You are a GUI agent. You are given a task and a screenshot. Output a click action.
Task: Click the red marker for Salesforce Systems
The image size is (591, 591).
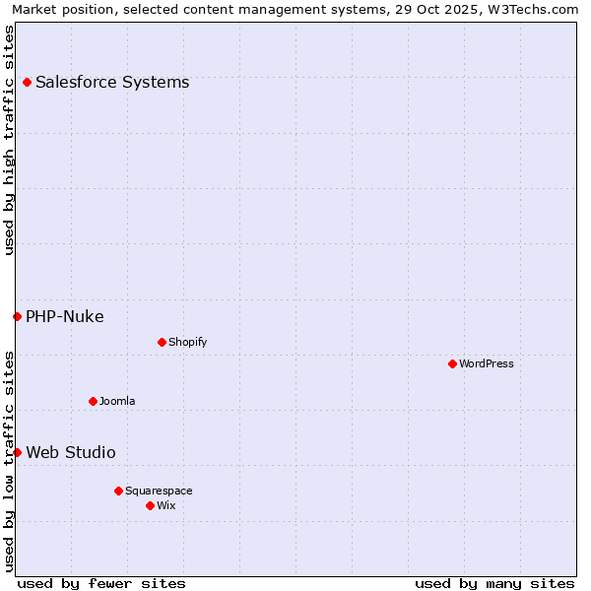coord(27,82)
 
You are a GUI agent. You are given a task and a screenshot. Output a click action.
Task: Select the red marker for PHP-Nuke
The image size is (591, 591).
coord(17,316)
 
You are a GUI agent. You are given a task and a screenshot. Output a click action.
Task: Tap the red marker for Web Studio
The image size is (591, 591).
coord(17,452)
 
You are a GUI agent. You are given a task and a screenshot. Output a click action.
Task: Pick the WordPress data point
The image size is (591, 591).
coord(452,363)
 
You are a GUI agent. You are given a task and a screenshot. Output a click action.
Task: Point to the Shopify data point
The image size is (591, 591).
coord(162,342)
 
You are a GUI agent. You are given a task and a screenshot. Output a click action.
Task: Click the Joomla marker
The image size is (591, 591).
coord(93,401)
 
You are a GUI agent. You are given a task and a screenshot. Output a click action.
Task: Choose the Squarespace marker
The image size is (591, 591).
coord(118,491)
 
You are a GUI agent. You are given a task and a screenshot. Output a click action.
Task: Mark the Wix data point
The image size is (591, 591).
coord(150,505)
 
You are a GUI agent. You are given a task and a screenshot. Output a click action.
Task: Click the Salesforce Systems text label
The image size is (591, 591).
coord(112,83)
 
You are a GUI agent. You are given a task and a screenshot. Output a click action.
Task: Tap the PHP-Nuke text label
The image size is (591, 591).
coord(65,317)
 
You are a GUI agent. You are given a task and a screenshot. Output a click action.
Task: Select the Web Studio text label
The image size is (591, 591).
coord(71,453)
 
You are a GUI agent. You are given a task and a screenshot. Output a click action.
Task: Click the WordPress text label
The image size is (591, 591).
coord(487,364)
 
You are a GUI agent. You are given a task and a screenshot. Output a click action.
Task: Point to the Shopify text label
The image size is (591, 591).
coord(188,343)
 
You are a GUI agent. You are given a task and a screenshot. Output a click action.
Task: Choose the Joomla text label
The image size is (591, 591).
coord(117,402)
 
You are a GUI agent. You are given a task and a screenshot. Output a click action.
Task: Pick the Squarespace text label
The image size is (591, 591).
coord(159,492)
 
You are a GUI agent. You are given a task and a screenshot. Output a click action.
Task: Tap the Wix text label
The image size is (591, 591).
coord(166,506)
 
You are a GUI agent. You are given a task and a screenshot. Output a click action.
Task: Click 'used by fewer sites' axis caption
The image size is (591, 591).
coord(101,583)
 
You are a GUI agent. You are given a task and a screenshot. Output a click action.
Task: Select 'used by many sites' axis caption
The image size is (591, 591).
coord(494,583)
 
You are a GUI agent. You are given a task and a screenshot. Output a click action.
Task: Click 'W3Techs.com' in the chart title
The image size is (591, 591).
coord(538,9)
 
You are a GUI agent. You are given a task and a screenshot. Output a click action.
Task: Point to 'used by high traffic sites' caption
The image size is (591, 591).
coord(9,140)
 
